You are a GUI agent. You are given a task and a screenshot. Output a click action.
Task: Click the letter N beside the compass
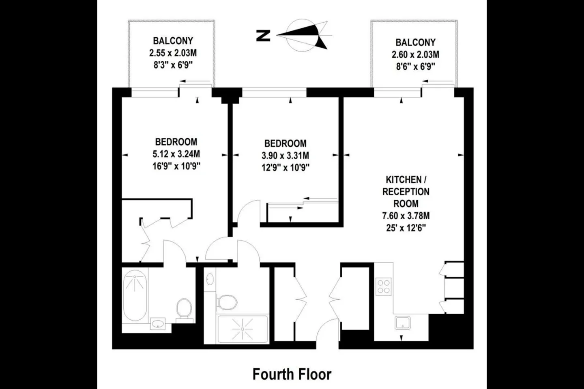[263, 36]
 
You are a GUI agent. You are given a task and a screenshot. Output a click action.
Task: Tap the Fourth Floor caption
[292, 374]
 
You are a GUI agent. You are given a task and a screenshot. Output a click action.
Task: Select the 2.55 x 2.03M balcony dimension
[173, 53]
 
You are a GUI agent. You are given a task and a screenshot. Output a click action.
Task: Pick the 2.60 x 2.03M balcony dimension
[415, 55]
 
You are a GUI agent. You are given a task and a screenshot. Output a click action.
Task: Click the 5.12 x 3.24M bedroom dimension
[176, 154]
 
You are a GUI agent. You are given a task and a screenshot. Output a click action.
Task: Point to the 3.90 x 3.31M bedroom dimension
[285, 156]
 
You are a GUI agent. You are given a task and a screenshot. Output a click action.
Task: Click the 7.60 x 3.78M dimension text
[406, 216]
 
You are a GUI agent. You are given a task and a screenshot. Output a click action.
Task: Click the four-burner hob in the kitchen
[384, 286]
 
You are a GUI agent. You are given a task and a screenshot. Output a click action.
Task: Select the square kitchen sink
[403, 323]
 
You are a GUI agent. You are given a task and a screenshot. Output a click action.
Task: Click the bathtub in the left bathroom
[135, 295]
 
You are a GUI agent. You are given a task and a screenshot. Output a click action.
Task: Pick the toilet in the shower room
[227, 303]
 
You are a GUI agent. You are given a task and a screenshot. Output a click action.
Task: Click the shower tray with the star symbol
[243, 329]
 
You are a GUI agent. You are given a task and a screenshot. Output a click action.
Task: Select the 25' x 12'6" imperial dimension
[406, 228]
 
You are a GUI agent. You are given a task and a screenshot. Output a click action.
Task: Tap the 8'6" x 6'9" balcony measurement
[415, 67]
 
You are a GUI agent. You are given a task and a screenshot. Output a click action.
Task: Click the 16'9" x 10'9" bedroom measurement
[176, 166]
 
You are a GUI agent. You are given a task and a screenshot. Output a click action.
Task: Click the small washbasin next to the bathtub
[158, 324]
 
